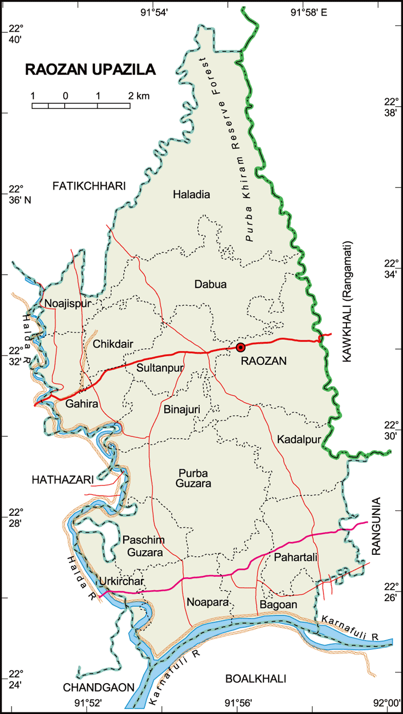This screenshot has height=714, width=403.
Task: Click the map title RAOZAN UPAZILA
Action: (91, 70)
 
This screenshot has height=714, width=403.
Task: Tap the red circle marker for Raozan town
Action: (240, 348)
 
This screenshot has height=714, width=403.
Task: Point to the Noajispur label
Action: (67, 303)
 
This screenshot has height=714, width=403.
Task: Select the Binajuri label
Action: (182, 410)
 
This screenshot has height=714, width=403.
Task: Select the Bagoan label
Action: (278, 605)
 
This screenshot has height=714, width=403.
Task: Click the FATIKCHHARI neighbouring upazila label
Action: (89, 187)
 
